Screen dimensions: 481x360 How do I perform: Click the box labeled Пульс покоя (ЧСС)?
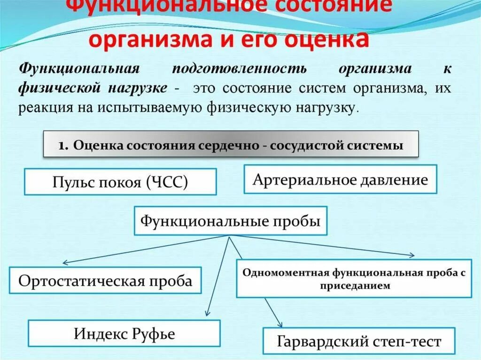pos(120,182)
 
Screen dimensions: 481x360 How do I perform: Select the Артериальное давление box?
pos(340,179)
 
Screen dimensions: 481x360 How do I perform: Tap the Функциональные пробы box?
pos(230,220)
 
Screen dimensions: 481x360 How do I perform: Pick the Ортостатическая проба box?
pos(105,281)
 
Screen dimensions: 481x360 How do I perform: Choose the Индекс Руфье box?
pos(124,334)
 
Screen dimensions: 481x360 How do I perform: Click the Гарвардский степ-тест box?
pos(359,341)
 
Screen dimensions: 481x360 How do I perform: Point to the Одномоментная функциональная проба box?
pos(354,279)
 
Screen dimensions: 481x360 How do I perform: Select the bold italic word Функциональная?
pos(79,69)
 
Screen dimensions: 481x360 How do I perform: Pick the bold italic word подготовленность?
pos(239,69)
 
